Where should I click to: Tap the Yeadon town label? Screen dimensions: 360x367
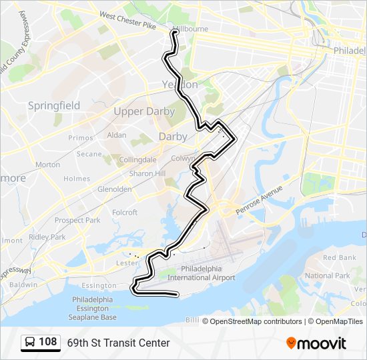click(180, 85)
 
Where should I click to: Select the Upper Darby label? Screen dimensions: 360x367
click(144, 111)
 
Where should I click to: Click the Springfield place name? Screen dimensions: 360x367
click(54, 105)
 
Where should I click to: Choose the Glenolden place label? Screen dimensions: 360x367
click(114, 189)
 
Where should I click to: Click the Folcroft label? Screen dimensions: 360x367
click(125, 213)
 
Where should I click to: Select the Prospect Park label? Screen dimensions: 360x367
click(77, 220)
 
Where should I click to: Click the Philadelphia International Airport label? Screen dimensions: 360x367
click(202, 273)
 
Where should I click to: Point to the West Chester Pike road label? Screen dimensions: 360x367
click(127, 21)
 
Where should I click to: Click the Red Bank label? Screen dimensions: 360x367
click(339, 257)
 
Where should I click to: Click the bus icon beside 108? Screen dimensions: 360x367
click(30, 343)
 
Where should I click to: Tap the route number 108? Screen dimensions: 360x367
click(48, 342)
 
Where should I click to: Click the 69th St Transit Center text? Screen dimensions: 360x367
click(118, 343)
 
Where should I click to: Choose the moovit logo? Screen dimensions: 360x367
click(316, 343)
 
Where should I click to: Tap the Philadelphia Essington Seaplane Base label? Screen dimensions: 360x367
click(94, 308)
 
